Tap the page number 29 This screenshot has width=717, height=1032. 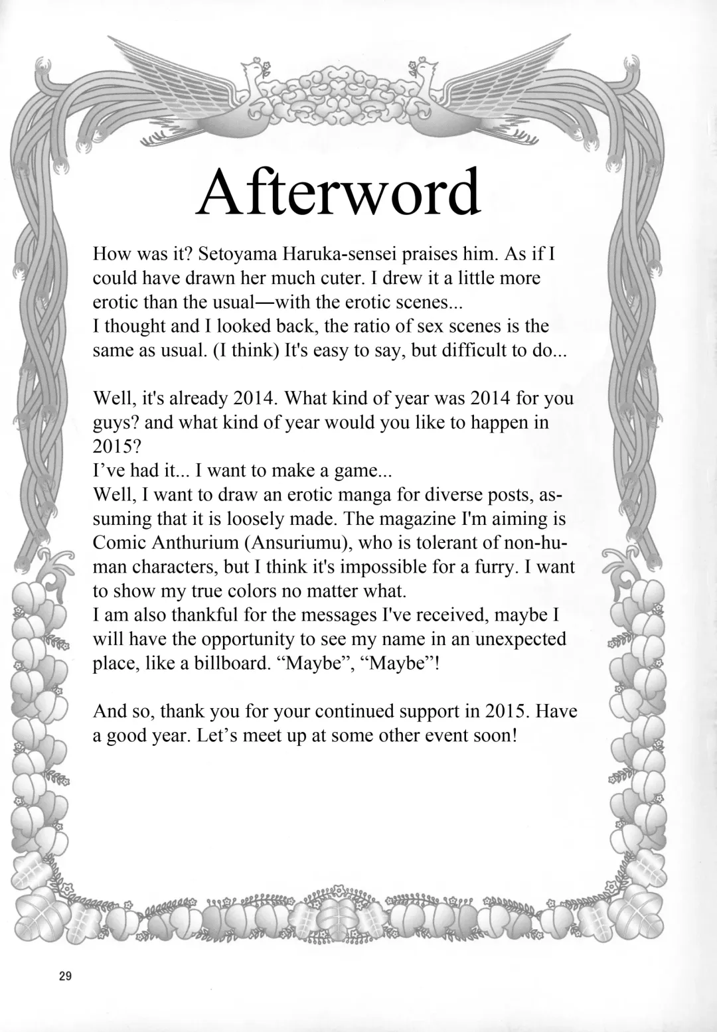pos(65,976)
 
